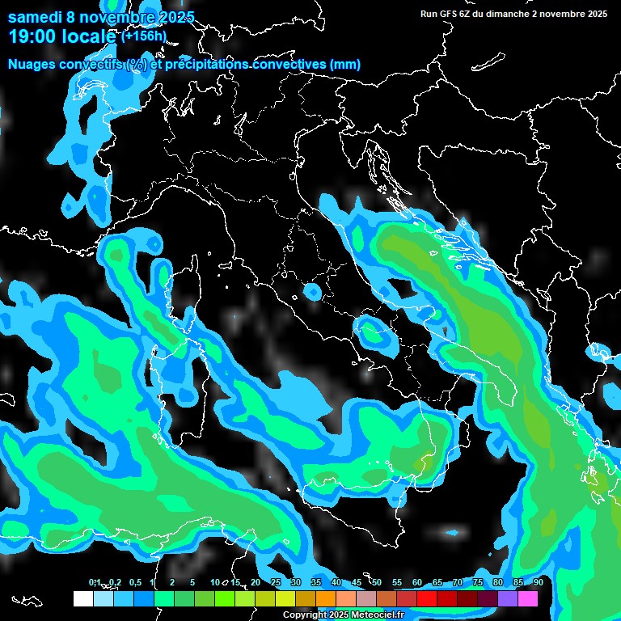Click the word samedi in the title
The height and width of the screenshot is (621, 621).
click(x=35, y=17)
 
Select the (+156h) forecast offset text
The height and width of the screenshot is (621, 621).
click(x=143, y=36)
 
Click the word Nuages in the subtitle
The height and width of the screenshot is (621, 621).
click(x=33, y=64)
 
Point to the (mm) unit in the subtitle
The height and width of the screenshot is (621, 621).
click(x=344, y=64)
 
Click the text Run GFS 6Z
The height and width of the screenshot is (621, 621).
click(x=450, y=14)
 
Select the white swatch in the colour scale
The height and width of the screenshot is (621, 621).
click(x=82, y=598)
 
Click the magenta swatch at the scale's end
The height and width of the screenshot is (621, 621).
click(x=528, y=598)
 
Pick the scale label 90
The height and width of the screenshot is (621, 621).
click(x=538, y=583)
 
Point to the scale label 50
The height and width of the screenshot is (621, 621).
click(x=377, y=583)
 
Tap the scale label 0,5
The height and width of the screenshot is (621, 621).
click(x=135, y=583)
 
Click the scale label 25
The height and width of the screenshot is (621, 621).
click(x=276, y=583)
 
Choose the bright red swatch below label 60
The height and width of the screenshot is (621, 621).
click(x=427, y=598)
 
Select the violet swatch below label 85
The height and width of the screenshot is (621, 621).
click(x=508, y=598)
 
